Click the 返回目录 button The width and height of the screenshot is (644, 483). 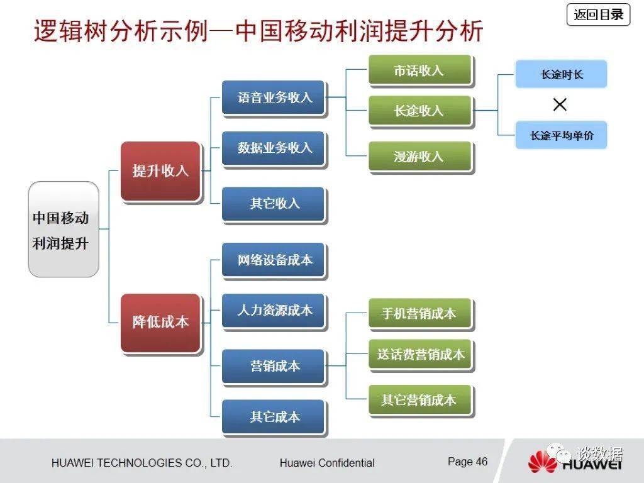point(598,15)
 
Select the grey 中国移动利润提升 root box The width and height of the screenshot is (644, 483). point(64,229)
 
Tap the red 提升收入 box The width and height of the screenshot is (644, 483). point(160,171)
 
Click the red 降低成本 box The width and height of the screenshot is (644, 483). point(160,323)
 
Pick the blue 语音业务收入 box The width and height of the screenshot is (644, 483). point(274,97)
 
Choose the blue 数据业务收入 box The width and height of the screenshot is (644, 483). point(274,148)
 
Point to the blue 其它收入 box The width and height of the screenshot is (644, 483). point(274,204)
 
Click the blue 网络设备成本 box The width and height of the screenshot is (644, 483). point(274,260)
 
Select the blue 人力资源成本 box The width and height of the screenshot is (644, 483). point(274,311)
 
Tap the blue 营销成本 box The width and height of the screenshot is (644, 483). point(274,367)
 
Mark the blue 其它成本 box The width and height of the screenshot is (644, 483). point(274,417)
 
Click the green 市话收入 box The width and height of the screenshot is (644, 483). point(419,70)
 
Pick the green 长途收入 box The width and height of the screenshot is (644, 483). point(419,111)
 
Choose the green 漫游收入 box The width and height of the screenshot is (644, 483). point(419,157)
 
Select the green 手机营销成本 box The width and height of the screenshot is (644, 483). point(419,313)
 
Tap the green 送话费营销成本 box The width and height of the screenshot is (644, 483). point(419,355)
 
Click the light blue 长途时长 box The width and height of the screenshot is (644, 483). point(561,74)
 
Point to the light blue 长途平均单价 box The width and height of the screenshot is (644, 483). point(561,135)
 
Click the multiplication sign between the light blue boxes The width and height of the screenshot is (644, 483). point(560,104)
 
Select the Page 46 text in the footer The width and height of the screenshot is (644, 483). point(467,462)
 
